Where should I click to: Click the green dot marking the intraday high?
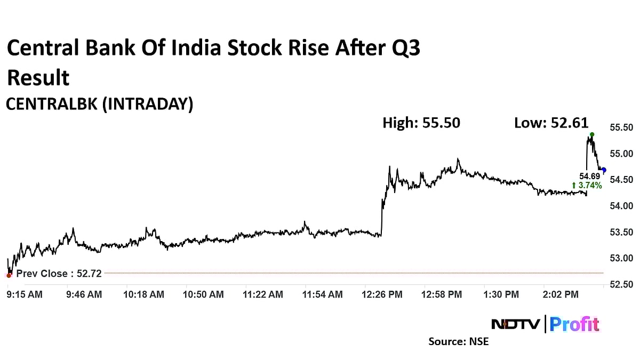[592, 134]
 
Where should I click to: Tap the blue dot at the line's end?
[604, 170]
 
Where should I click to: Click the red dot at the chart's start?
[9, 275]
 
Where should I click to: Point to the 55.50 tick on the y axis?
[621, 127]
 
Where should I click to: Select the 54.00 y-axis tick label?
[621, 206]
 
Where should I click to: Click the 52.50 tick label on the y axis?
[621, 284]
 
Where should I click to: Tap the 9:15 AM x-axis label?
[25, 294]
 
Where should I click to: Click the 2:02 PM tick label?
[560, 294]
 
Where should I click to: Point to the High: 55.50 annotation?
[421, 123]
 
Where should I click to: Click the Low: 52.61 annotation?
[551, 123]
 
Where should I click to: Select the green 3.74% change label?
[587, 186]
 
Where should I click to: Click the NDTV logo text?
[515, 324]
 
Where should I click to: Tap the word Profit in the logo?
[574, 324]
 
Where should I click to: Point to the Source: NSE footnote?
[459, 341]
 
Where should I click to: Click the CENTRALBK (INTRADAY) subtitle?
[99, 104]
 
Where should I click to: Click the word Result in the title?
[38, 78]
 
